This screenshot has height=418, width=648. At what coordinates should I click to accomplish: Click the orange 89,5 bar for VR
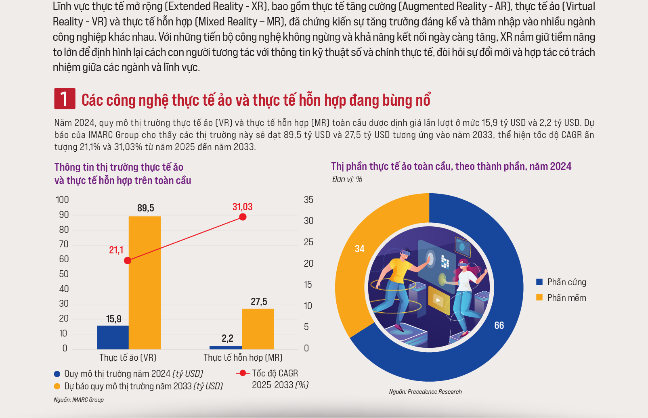click(145, 282)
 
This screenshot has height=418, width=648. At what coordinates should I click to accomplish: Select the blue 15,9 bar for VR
click(113, 337)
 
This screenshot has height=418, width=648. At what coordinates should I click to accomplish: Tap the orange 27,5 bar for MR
click(258, 328)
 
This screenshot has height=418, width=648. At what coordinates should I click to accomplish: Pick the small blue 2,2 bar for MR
click(225, 347)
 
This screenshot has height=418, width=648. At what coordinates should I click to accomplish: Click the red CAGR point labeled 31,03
click(243, 217)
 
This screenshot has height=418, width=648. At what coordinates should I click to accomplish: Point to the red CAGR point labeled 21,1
click(128, 261)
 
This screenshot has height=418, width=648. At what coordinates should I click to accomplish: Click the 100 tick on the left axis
click(63, 200)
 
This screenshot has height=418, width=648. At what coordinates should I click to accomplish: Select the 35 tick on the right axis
click(308, 200)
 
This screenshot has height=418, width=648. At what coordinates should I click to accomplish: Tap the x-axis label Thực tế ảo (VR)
click(128, 357)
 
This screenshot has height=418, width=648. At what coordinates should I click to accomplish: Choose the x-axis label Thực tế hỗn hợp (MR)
click(243, 357)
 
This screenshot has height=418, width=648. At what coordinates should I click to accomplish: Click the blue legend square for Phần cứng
click(539, 282)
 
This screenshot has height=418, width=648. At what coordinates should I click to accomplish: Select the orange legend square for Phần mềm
click(539, 298)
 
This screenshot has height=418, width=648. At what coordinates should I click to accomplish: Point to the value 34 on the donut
click(359, 249)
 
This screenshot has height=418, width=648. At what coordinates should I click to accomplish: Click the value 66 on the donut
click(499, 326)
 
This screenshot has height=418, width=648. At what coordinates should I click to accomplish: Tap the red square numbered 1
click(65, 98)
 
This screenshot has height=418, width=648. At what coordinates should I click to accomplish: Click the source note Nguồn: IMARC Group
click(79, 400)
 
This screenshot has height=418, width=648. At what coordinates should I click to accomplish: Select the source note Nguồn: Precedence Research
click(425, 392)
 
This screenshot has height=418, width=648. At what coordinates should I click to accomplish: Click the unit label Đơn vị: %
click(347, 179)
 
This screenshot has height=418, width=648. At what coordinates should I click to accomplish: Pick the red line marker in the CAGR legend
click(243, 373)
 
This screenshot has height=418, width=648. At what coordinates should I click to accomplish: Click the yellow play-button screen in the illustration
click(438, 299)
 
